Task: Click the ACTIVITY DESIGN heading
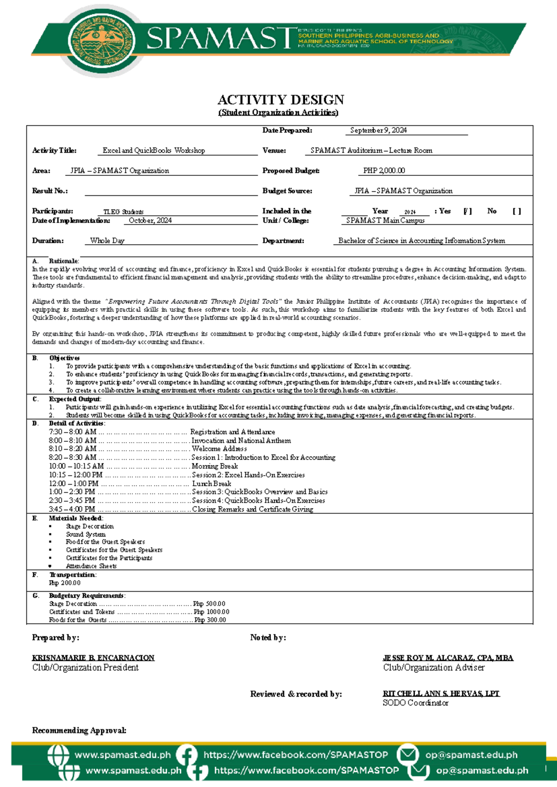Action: (281, 100)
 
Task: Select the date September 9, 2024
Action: (378, 130)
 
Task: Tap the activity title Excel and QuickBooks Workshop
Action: (154, 150)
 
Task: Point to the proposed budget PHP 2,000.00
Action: (384, 171)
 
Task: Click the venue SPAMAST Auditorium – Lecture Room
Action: (371, 150)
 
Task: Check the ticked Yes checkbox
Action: (467, 211)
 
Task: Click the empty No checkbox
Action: (517, 211)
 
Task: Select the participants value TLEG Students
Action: (123, 212)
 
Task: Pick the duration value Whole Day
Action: (107, 241)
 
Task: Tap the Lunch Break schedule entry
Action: (211, 484)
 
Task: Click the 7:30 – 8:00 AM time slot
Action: (72, 432)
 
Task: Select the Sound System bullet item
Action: (85, 535)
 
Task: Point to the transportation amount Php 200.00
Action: (65, 583)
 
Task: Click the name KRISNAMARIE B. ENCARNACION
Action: (93, 658)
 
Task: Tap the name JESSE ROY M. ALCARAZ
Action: (448, 658)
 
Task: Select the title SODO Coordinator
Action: (415, 703)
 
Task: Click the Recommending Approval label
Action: (79, 730)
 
